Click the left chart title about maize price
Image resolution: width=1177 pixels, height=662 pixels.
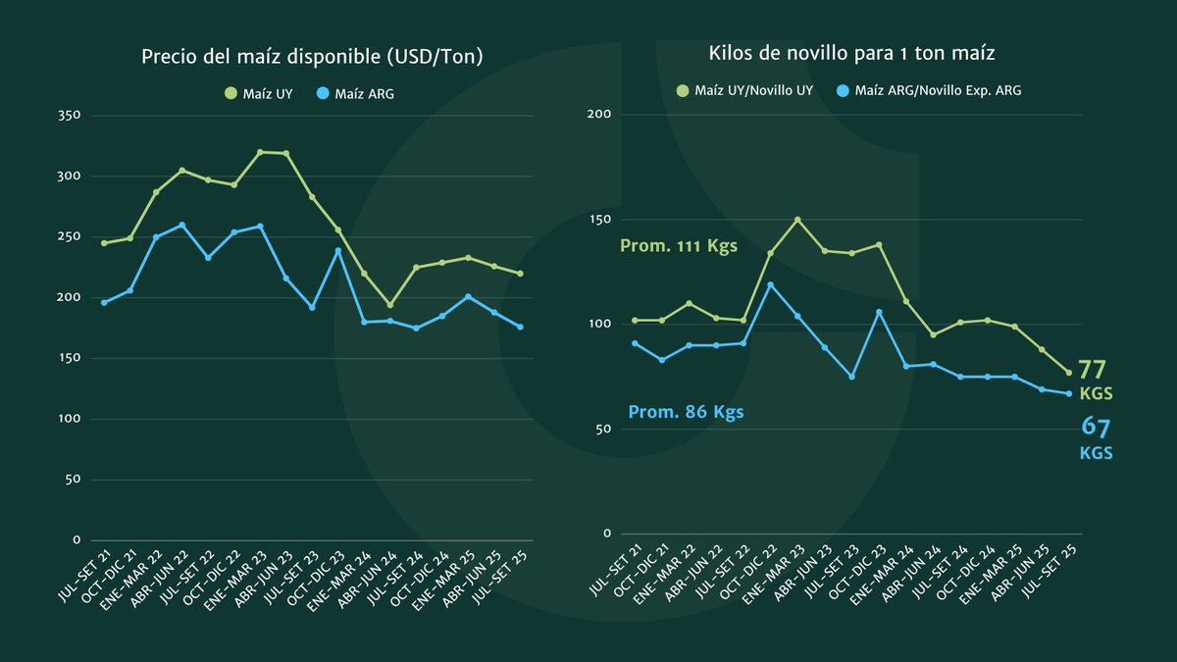(313, 57)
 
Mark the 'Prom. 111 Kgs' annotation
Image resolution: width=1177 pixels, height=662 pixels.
(679, 246)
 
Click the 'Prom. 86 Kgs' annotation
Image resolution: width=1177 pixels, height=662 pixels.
(686, 413)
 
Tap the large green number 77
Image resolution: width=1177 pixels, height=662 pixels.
(1093, 371)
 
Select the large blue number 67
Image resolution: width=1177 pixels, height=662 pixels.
(1095, 427)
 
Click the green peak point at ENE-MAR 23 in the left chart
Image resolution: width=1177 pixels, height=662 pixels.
(260, 152)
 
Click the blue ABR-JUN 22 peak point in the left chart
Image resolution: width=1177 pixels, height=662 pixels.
(181, 225)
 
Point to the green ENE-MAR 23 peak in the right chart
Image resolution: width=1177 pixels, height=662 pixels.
(797, 220)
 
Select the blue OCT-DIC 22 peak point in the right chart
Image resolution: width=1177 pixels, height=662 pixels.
(771, 284)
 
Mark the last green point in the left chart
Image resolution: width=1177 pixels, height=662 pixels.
(520, 274)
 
